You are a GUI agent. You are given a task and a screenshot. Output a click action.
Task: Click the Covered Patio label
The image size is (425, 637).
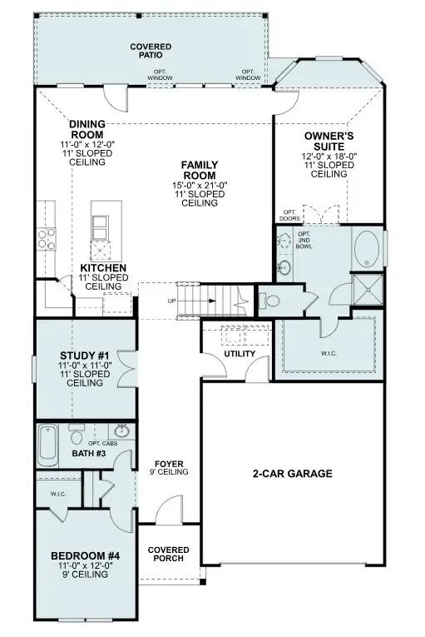click(151, 52)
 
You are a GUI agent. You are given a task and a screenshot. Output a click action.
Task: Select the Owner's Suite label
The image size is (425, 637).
click(329, 141)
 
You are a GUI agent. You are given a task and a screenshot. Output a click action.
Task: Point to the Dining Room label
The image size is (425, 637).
click(86, 128)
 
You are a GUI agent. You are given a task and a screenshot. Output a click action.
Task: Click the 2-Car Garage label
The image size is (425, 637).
click(292, 474)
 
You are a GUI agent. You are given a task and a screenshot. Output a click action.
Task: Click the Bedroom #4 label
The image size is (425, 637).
click(85, 555)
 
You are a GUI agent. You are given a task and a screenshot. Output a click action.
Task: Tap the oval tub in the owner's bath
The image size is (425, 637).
click(368, 249)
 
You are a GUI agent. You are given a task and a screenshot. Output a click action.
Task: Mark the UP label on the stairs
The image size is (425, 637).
click(171, 301)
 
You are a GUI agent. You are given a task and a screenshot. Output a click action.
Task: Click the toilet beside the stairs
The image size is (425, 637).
click(269, 299)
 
